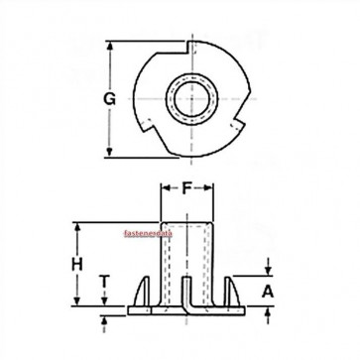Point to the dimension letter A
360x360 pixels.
point(266,293)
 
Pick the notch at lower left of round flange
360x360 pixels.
point(150,138)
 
